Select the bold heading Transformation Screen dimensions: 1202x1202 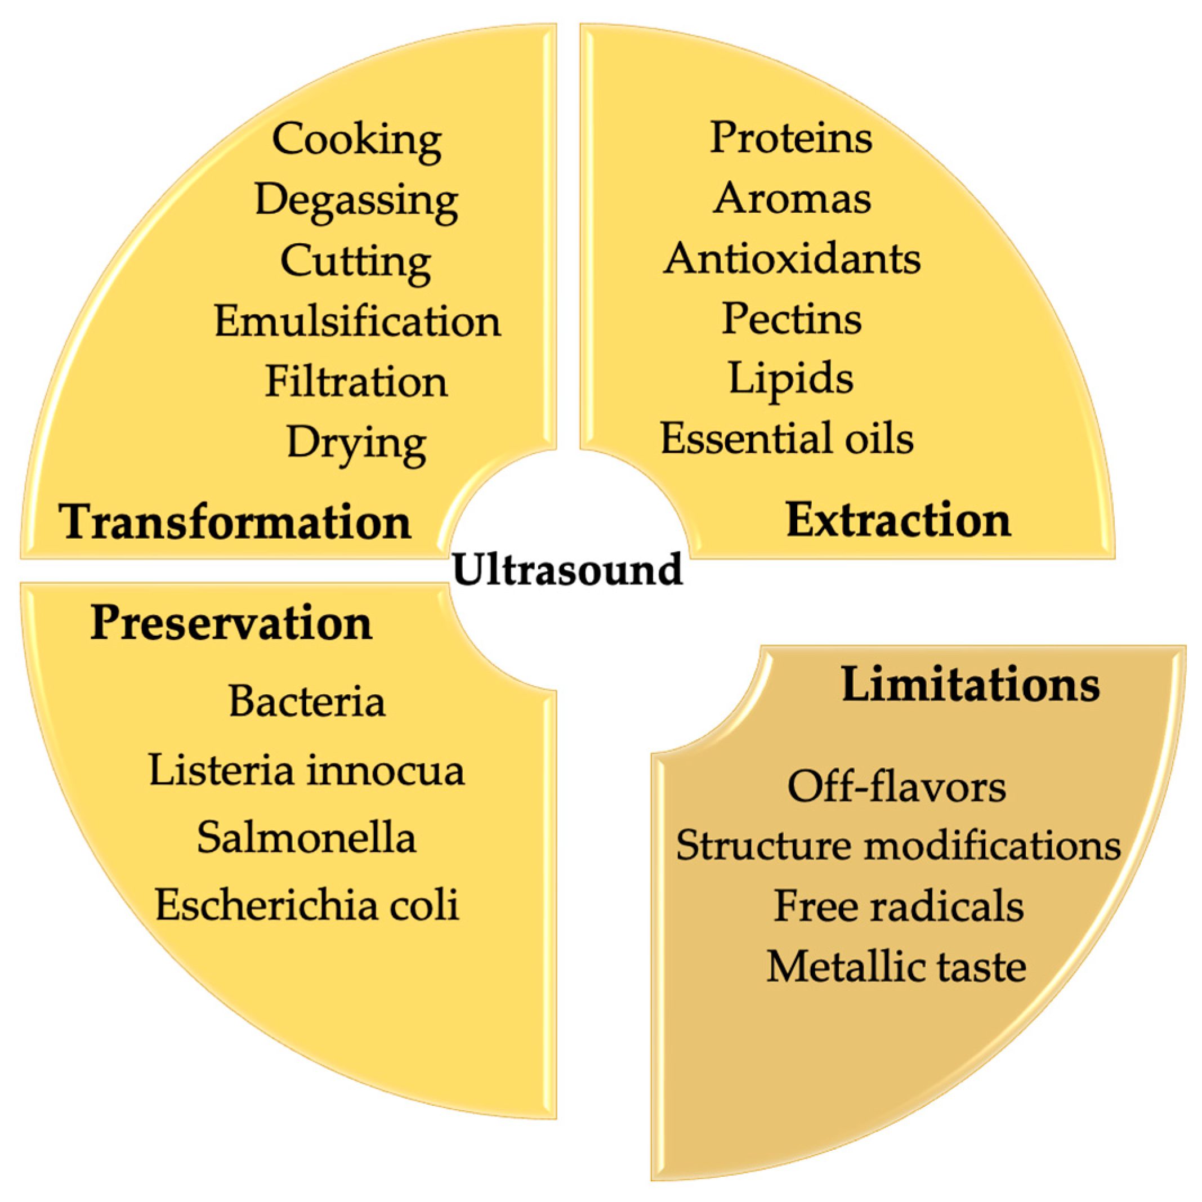point(235,521)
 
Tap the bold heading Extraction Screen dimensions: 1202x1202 point(898,520)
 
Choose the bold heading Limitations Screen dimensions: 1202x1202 point(970,685)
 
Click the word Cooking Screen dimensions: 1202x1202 point(356,140)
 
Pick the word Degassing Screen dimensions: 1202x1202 point(356,200)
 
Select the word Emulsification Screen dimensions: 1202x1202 point(357,321)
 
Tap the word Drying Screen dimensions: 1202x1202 point(356,443)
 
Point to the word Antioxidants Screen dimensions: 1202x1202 point(792,258)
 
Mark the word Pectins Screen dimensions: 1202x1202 point(792,319)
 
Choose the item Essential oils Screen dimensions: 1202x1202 point(787,439)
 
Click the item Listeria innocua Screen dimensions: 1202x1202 point(307,770)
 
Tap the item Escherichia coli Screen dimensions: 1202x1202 point(307,905)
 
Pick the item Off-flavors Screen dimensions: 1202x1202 point(896,787)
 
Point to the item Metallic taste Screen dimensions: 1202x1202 point(896,967)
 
